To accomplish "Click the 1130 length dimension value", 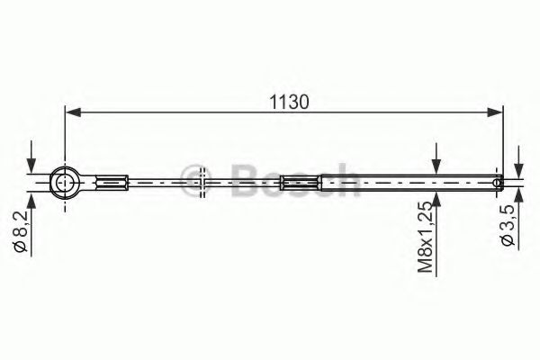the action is point(289,102).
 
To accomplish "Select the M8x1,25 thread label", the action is point(425,237).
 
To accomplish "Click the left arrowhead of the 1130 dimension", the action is point(73,112).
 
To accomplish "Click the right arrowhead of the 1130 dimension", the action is point(495,112).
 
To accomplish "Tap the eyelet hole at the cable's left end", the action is point(64,182).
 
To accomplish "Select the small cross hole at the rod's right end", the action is point(497,182).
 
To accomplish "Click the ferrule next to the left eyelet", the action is point(112,182).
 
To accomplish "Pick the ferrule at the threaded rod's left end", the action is point(301,182).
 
